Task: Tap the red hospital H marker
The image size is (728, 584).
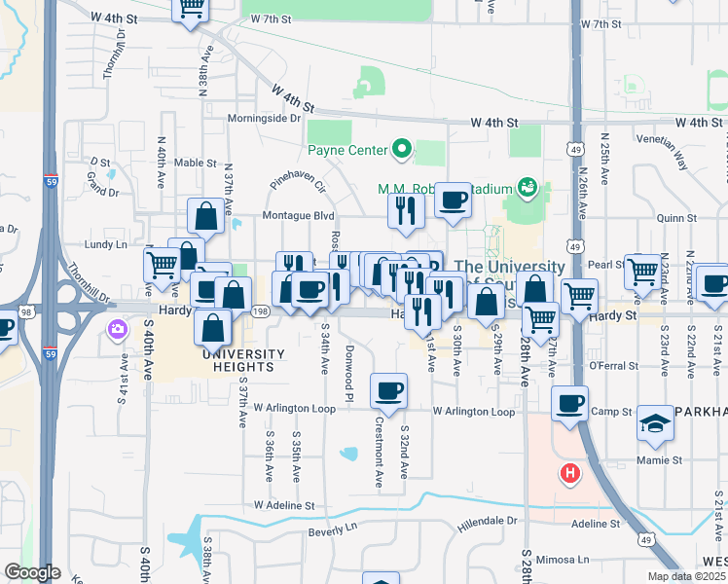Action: [x=569, y=474]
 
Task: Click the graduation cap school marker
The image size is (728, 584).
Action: [x=656, y=423]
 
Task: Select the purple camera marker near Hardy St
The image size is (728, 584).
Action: [x=117, y=329]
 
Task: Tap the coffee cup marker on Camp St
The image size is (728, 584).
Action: [x=569, y=402]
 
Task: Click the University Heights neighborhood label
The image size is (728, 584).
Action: [x=243, y=360]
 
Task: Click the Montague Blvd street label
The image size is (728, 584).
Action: [x=298, y=215]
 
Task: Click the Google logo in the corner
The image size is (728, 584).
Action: [x=31, y=572]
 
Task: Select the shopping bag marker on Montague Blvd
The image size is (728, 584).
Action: [x=206, y=217]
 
